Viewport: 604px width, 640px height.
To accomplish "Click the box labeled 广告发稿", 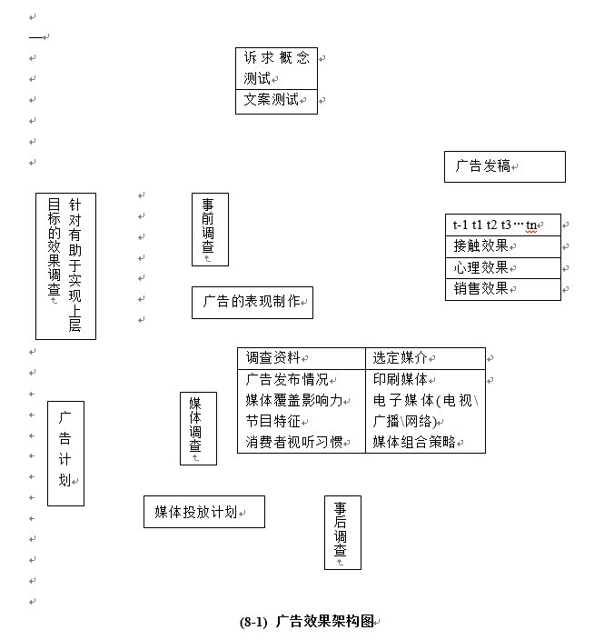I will [x=504, y=166].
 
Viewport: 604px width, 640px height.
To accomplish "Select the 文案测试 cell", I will [x=276, y=100].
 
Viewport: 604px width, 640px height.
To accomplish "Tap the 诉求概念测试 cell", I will [x=276, y=68].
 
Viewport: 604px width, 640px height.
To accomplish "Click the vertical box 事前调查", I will [x=209, y=228].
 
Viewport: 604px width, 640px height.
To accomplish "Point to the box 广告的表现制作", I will [x=252, y=302].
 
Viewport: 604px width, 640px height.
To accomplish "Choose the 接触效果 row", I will [x=502, y=246].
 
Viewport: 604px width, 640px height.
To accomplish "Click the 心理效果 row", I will [x=502, y=268].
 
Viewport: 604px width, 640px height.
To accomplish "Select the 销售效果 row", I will [x=502, y=289].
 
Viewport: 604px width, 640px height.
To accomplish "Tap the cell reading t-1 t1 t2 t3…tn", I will [x=502, y=225].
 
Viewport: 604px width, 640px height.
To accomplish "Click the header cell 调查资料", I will [x=301, y=358].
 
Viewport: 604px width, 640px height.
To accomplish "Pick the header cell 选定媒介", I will [x=425, y=358].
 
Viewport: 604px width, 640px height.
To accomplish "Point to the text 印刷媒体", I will [x=401, y=380].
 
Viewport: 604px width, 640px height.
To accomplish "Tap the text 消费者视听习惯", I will [x=294, y=443].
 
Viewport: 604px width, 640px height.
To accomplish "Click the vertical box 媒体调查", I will [x=197, y=428].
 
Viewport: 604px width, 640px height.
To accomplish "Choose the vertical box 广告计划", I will [x=65, y=452].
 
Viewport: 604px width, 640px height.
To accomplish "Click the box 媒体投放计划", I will [x=203, y=512].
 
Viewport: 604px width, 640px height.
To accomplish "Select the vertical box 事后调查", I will [x=342, y=532].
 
